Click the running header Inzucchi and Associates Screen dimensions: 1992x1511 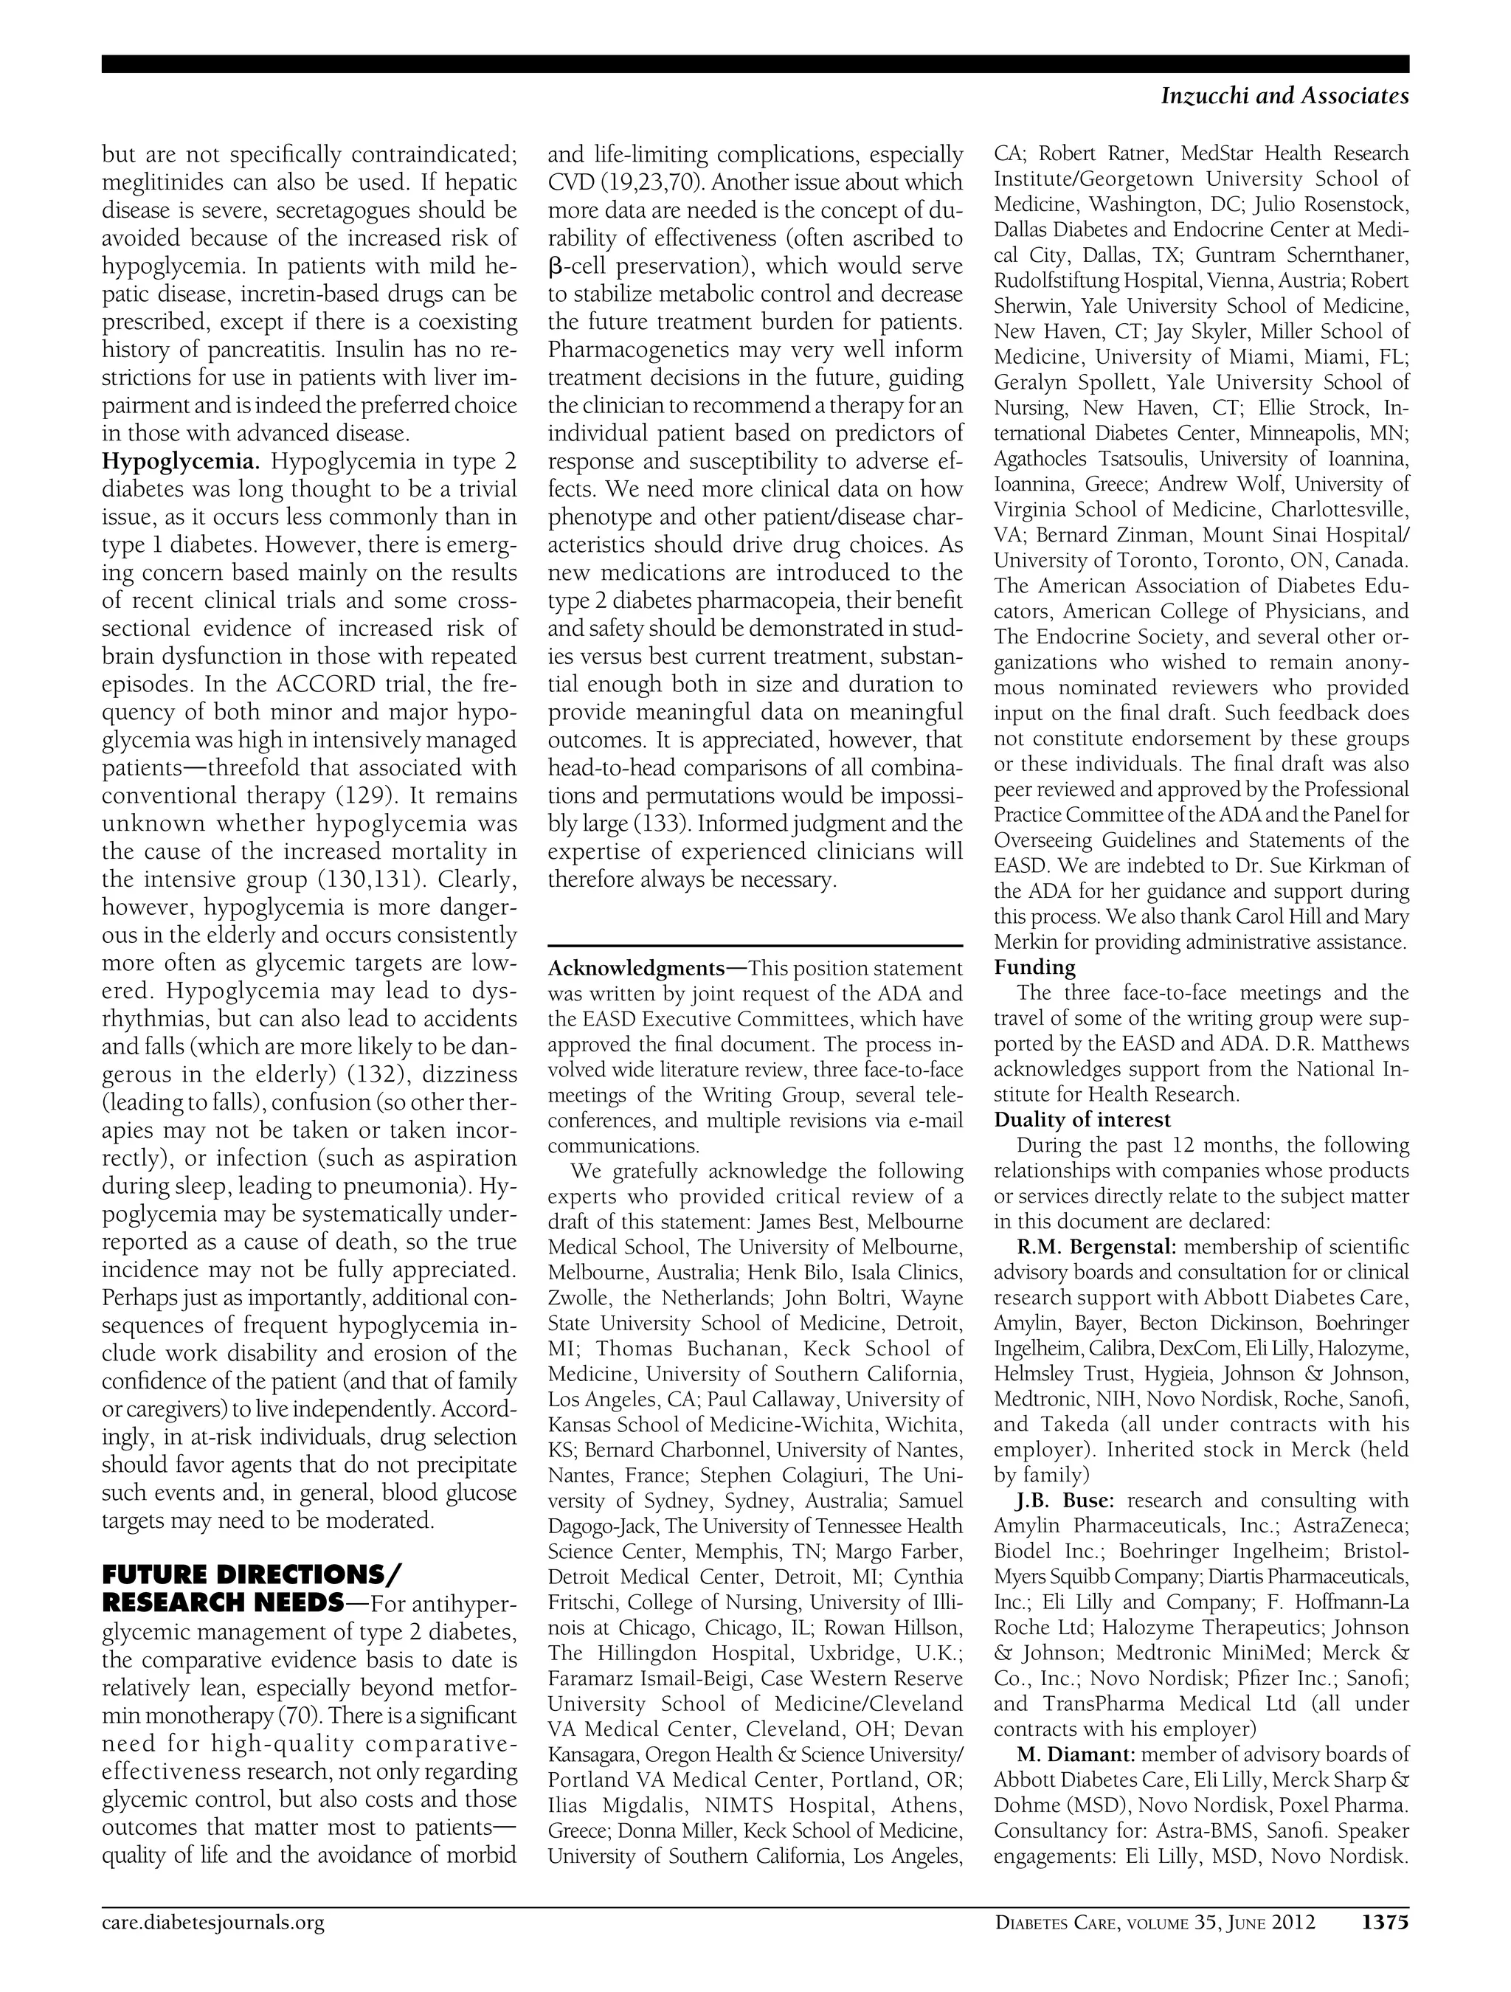pyautogui.click(x=1285, y=95)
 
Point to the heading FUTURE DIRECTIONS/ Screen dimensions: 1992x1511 pyautogui.click(x=253, y=1575)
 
